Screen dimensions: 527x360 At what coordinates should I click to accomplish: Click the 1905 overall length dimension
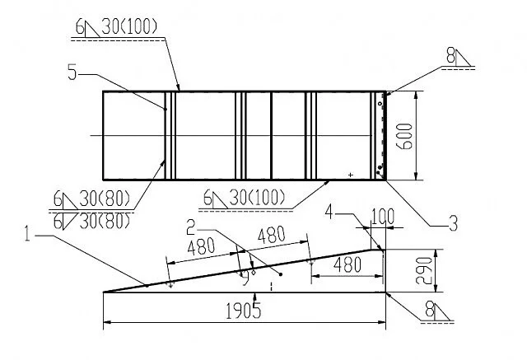[x=243, y=311]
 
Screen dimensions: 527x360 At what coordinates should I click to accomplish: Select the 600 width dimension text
[x=404, y=137]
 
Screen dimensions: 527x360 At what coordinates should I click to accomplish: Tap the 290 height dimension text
[x=424, y=271]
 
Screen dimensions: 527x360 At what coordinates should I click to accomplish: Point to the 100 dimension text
[x=382, y=217]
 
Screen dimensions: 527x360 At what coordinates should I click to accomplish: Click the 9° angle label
[x=249, y=277]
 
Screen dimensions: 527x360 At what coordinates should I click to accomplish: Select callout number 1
[x=27, y=234]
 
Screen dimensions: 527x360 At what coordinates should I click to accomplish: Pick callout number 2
[x=191, y=227]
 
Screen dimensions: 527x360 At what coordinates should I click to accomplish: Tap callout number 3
[x=454, y=223]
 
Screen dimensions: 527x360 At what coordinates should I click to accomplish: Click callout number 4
[x=329, y=213]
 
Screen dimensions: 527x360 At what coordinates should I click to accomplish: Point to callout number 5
[x=72, y=72]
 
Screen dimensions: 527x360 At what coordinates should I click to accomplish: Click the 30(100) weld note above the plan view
[x=129, y=26]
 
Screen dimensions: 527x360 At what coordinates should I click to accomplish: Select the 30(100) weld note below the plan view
[x=257, y=198]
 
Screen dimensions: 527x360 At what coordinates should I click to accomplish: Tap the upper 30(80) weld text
[x=105, y=199]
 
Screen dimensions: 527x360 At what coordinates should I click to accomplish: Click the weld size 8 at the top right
[x=450, y=56]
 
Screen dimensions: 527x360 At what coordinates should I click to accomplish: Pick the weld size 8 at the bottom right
[x=429, y=309]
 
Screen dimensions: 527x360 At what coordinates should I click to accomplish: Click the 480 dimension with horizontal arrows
[x=347, y=265]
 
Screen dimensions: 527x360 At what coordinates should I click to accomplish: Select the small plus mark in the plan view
[x=351, y=175]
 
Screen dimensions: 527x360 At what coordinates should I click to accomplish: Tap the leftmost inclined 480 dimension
[x=201, y=246]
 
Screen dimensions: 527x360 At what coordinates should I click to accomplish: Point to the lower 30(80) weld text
[x=105, y=221]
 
